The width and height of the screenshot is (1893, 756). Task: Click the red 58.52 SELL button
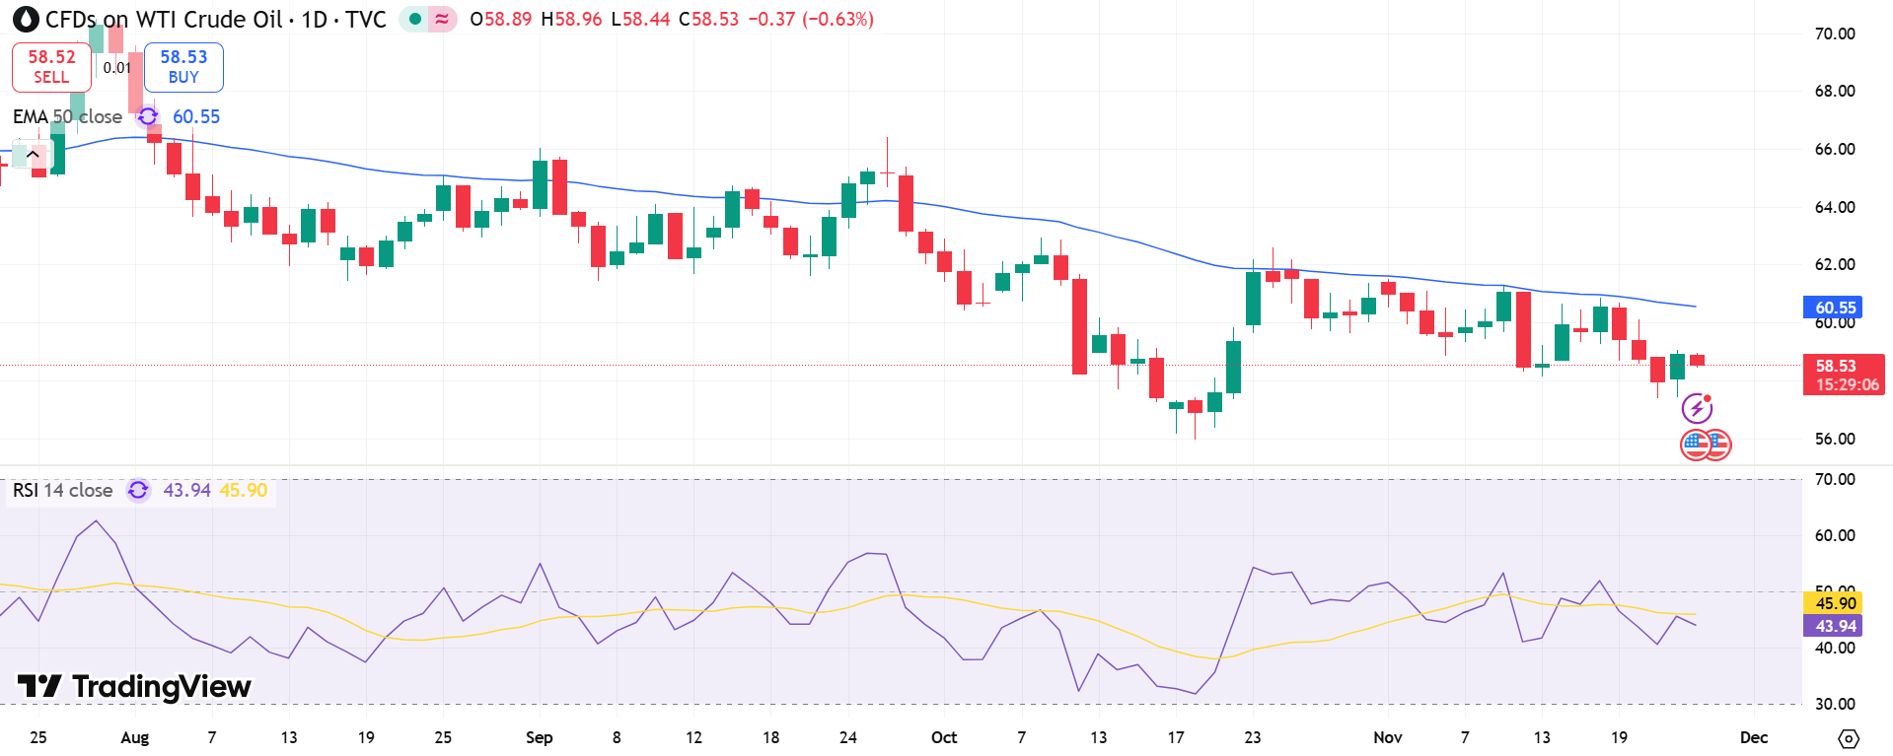click(x=51, y=67)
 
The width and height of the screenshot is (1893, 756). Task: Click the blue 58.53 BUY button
click(x=183, y=67)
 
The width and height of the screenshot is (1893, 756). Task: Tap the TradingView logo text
click(x=135, y=686)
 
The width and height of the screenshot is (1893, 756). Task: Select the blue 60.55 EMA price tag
click(x=1835, y=308)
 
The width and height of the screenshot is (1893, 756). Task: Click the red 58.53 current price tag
click(x=1843, y=375)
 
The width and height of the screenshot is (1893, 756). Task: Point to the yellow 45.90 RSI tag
click(x=1835, y=603)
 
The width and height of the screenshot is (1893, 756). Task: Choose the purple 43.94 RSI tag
click(x=1835, y=626)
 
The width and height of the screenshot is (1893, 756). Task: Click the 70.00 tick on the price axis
click(x=1835, y=34)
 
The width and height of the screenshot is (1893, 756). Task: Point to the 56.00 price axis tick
click(x=1835, y=439)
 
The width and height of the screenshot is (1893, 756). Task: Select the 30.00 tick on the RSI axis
click(x=1835, y=704)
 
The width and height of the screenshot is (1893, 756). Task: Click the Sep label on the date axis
click(x=540, y=737)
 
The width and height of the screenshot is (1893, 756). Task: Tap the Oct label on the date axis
click(x=944, y=737)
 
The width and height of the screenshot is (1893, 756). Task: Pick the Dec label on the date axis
click(x=1754, y=737)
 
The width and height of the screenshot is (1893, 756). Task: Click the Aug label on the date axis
click(x=135, y=737)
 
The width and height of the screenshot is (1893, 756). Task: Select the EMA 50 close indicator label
click(x=67, y=116)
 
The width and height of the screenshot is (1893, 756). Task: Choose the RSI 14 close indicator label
click(x=62, y=490)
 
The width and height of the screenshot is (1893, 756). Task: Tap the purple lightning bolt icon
click(x=1697, y=408)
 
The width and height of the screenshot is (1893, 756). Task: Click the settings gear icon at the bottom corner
click(x=1849, y=738)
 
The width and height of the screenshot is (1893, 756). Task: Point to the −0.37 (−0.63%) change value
click(x=810, y=20)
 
